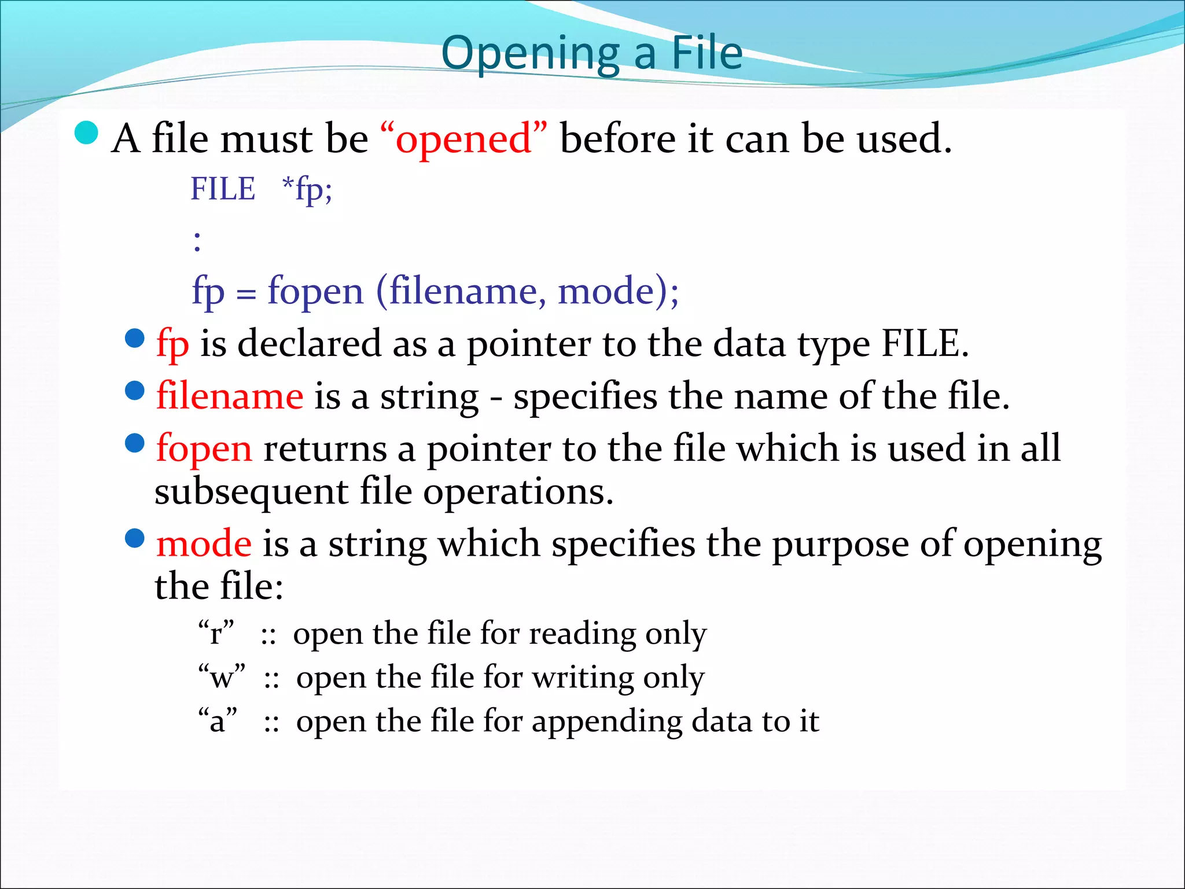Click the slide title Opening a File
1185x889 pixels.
click(591, 53)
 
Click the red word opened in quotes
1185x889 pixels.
click(463, 139)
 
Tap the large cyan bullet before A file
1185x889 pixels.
click(87, 134)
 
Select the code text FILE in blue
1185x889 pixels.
click(223, 189)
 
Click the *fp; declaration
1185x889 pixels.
click(307, 189)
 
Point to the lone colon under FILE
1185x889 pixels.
click(197, 241)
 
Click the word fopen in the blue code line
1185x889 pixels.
click(315, 291)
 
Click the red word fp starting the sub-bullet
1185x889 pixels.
click(172, 344)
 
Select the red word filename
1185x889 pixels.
click(230, 396)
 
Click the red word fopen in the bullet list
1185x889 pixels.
click(204, 449)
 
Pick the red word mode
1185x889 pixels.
click(204, 544)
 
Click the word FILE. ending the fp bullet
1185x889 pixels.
click(924, 344)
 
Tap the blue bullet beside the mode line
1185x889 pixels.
click(135, 538)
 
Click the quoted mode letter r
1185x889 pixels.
click(216, 633)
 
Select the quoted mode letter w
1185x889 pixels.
click(222, 677)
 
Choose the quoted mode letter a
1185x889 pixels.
click(218, 721)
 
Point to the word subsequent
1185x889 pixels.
click(251, 492)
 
